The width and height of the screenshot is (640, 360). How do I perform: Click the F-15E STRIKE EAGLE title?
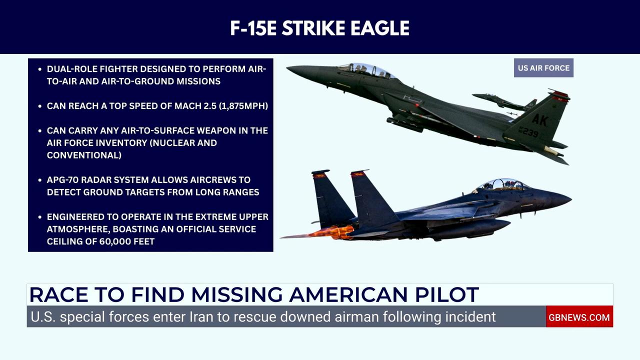(x=319, y=28)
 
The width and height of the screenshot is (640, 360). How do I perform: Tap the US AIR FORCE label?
(x=543, y=68)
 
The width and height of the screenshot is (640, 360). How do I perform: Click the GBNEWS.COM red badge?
(x=579, y=317)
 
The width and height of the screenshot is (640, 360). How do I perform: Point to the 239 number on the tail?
(x=528, y=132)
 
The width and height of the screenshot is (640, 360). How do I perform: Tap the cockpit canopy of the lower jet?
(x=501, y=184)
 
